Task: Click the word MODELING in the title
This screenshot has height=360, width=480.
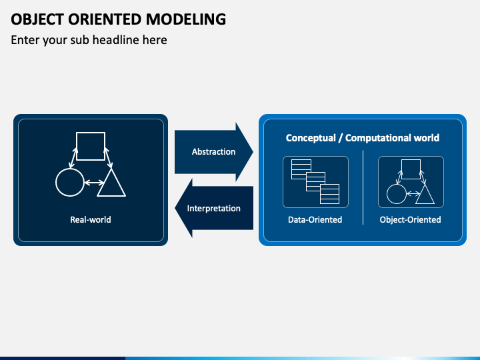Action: click(186, 19)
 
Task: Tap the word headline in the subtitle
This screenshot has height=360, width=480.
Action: click(116, 40)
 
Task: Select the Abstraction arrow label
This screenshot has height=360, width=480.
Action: click(214, 151)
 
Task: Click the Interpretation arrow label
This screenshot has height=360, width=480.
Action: click(214, 209)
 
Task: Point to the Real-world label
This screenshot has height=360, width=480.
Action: click(91, 219)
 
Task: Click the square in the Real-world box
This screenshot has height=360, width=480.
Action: click(91, 132)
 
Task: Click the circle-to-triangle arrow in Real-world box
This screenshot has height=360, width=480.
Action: click(94, 183)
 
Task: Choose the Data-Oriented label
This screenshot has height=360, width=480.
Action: click(315, 219)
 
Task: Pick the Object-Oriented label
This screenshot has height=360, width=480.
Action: click(410, 219)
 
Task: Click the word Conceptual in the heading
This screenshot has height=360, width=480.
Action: click(311, 138)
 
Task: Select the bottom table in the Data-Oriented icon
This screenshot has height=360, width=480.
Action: click(330, 194)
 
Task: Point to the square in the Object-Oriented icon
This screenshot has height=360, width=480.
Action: click(411, 160)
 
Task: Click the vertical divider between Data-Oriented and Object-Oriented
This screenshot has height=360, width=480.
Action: click(363, 187)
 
